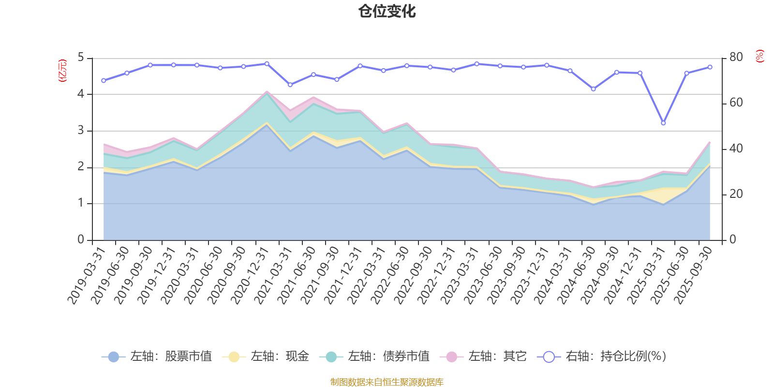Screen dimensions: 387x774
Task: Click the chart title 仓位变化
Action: pos(387,11)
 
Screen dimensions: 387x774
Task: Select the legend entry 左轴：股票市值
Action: pos(157,357)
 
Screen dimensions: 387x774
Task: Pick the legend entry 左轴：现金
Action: pos(266,357)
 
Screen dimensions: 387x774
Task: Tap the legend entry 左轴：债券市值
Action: pos(374,357)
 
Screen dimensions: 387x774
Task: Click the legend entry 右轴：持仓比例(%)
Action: pos(602,357)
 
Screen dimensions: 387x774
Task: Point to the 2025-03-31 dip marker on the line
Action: pos(663,123)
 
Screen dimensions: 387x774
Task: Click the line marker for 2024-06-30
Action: pos(593,89)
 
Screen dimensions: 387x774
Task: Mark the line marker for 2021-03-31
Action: pos(290,85)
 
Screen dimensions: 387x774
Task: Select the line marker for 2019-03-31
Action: pos(104,80)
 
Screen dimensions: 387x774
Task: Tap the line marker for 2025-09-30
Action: pos(710,67)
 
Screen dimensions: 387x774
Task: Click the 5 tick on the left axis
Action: pos(81,58)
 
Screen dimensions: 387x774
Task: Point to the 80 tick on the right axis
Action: pos(736,57)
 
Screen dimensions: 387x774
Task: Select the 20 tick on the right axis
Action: pos(736,194)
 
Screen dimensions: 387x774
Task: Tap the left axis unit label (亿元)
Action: pos(62,71)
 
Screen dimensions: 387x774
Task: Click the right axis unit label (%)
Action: pos(759,56)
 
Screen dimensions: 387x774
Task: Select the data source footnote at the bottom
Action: pos(387,382)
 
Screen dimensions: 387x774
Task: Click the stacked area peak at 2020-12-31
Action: pos(267,91)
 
